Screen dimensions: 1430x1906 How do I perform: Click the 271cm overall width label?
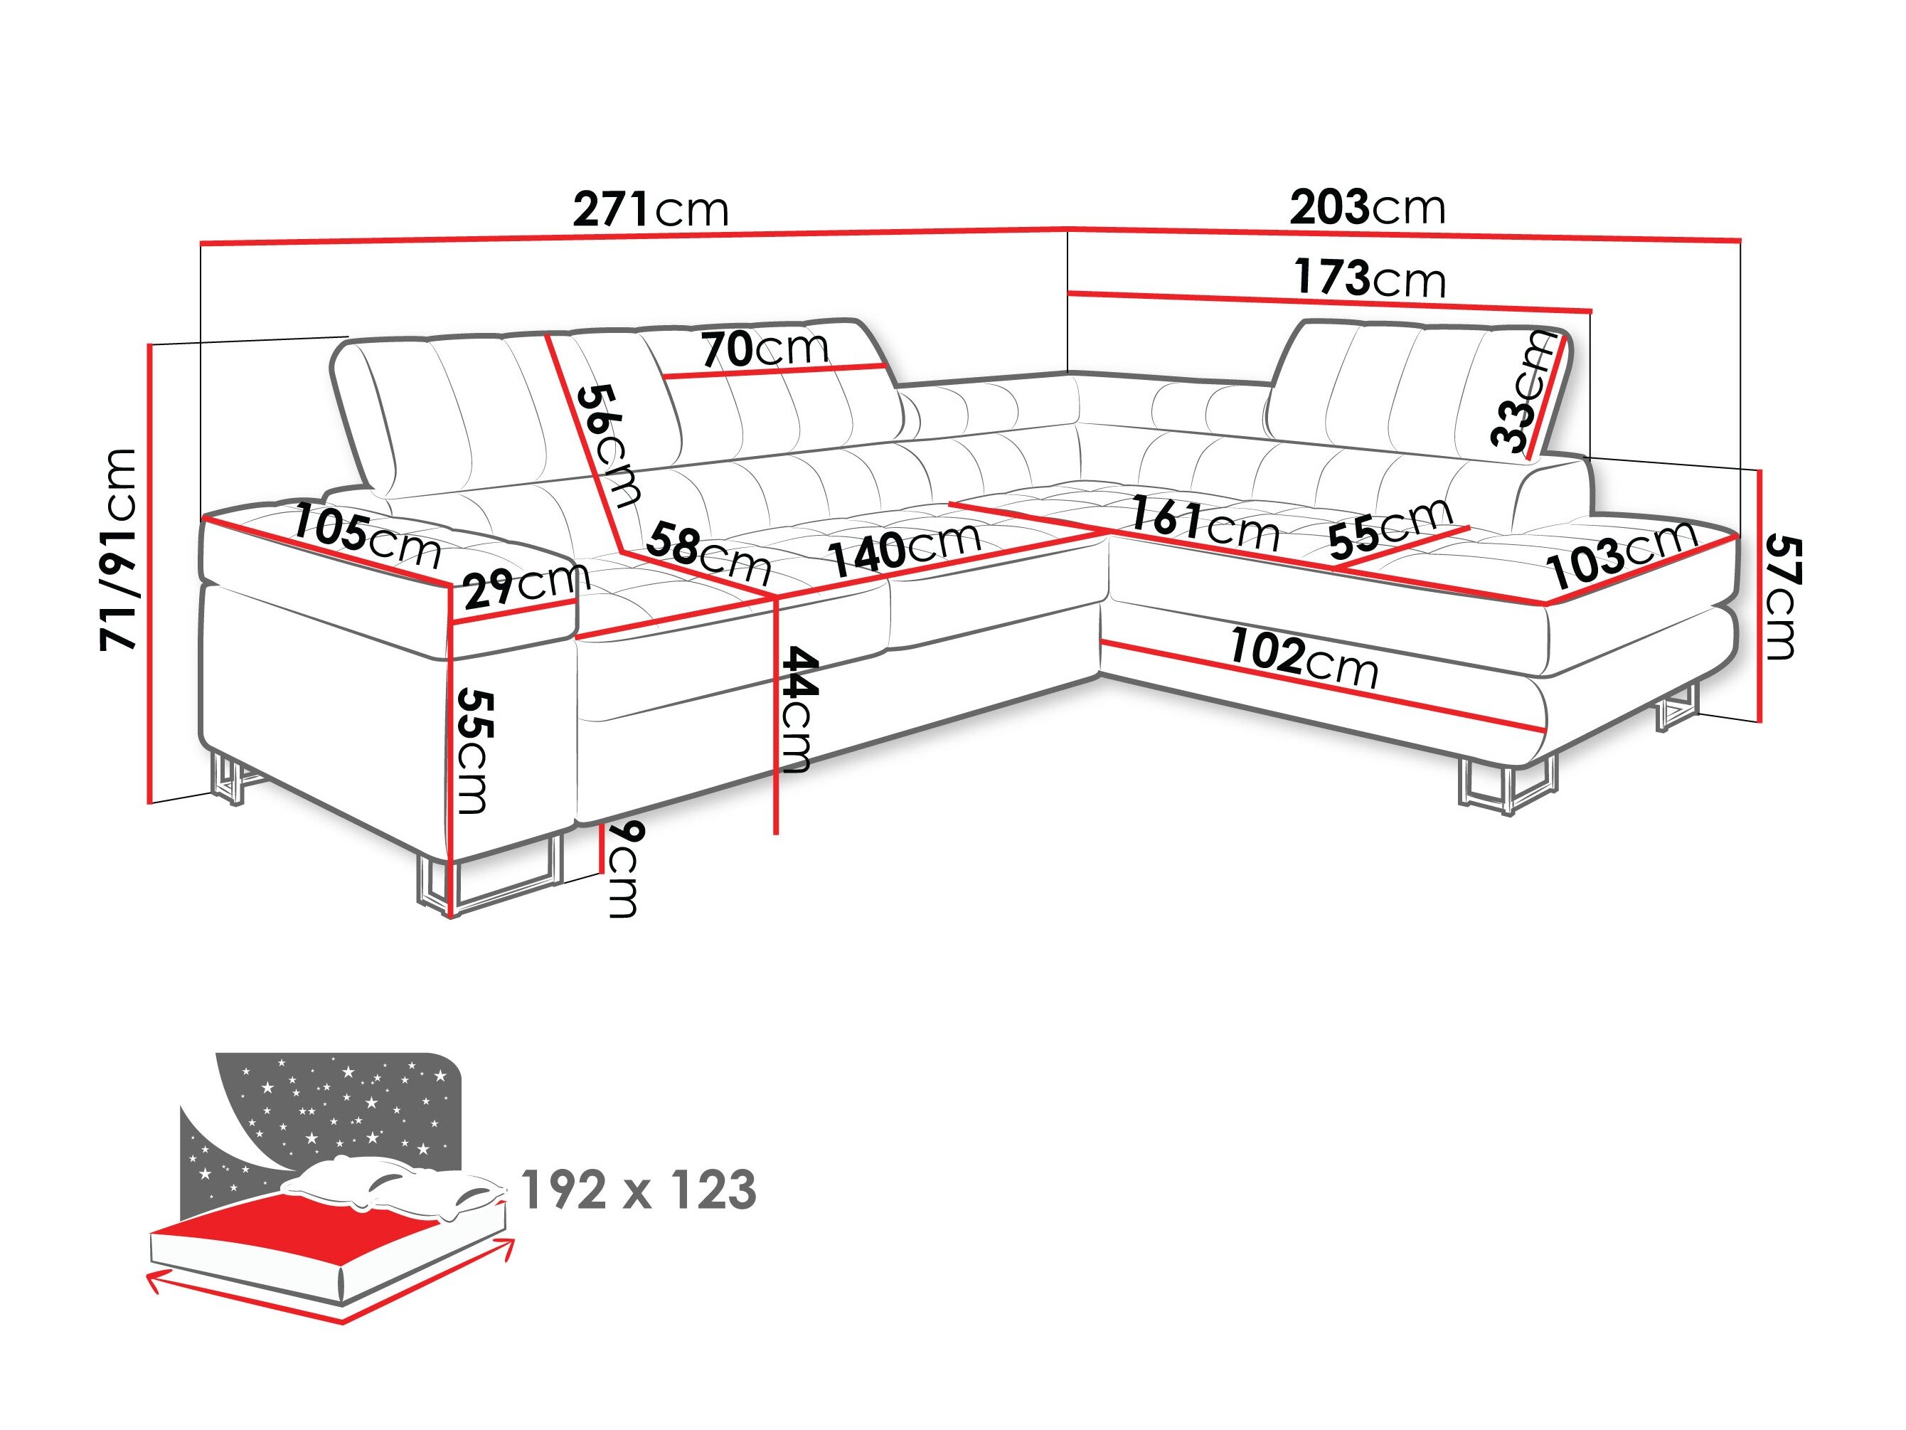click(x=651, y=209)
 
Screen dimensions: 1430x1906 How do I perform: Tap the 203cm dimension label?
click(x=1368, y=208)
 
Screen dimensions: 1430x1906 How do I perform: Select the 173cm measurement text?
click(x=1369, y=278)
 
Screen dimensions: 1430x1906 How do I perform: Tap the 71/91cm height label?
click(x=118, y=549)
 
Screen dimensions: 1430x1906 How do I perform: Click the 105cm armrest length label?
click(x=367, y=536)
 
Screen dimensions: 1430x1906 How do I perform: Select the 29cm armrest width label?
click(x=526, y=586)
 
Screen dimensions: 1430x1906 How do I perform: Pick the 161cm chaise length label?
click(x=1204, y=523)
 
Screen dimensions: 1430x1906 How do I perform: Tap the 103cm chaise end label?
click(x=1622, y=554)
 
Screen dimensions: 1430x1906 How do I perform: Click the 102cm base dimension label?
click(x=1303, y=657)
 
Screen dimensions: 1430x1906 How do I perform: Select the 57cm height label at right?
click(x=1781, y=596)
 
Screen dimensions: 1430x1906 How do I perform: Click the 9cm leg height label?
click(x=624, y=869)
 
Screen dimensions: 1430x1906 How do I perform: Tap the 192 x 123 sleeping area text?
click(x=639, y=1191)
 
